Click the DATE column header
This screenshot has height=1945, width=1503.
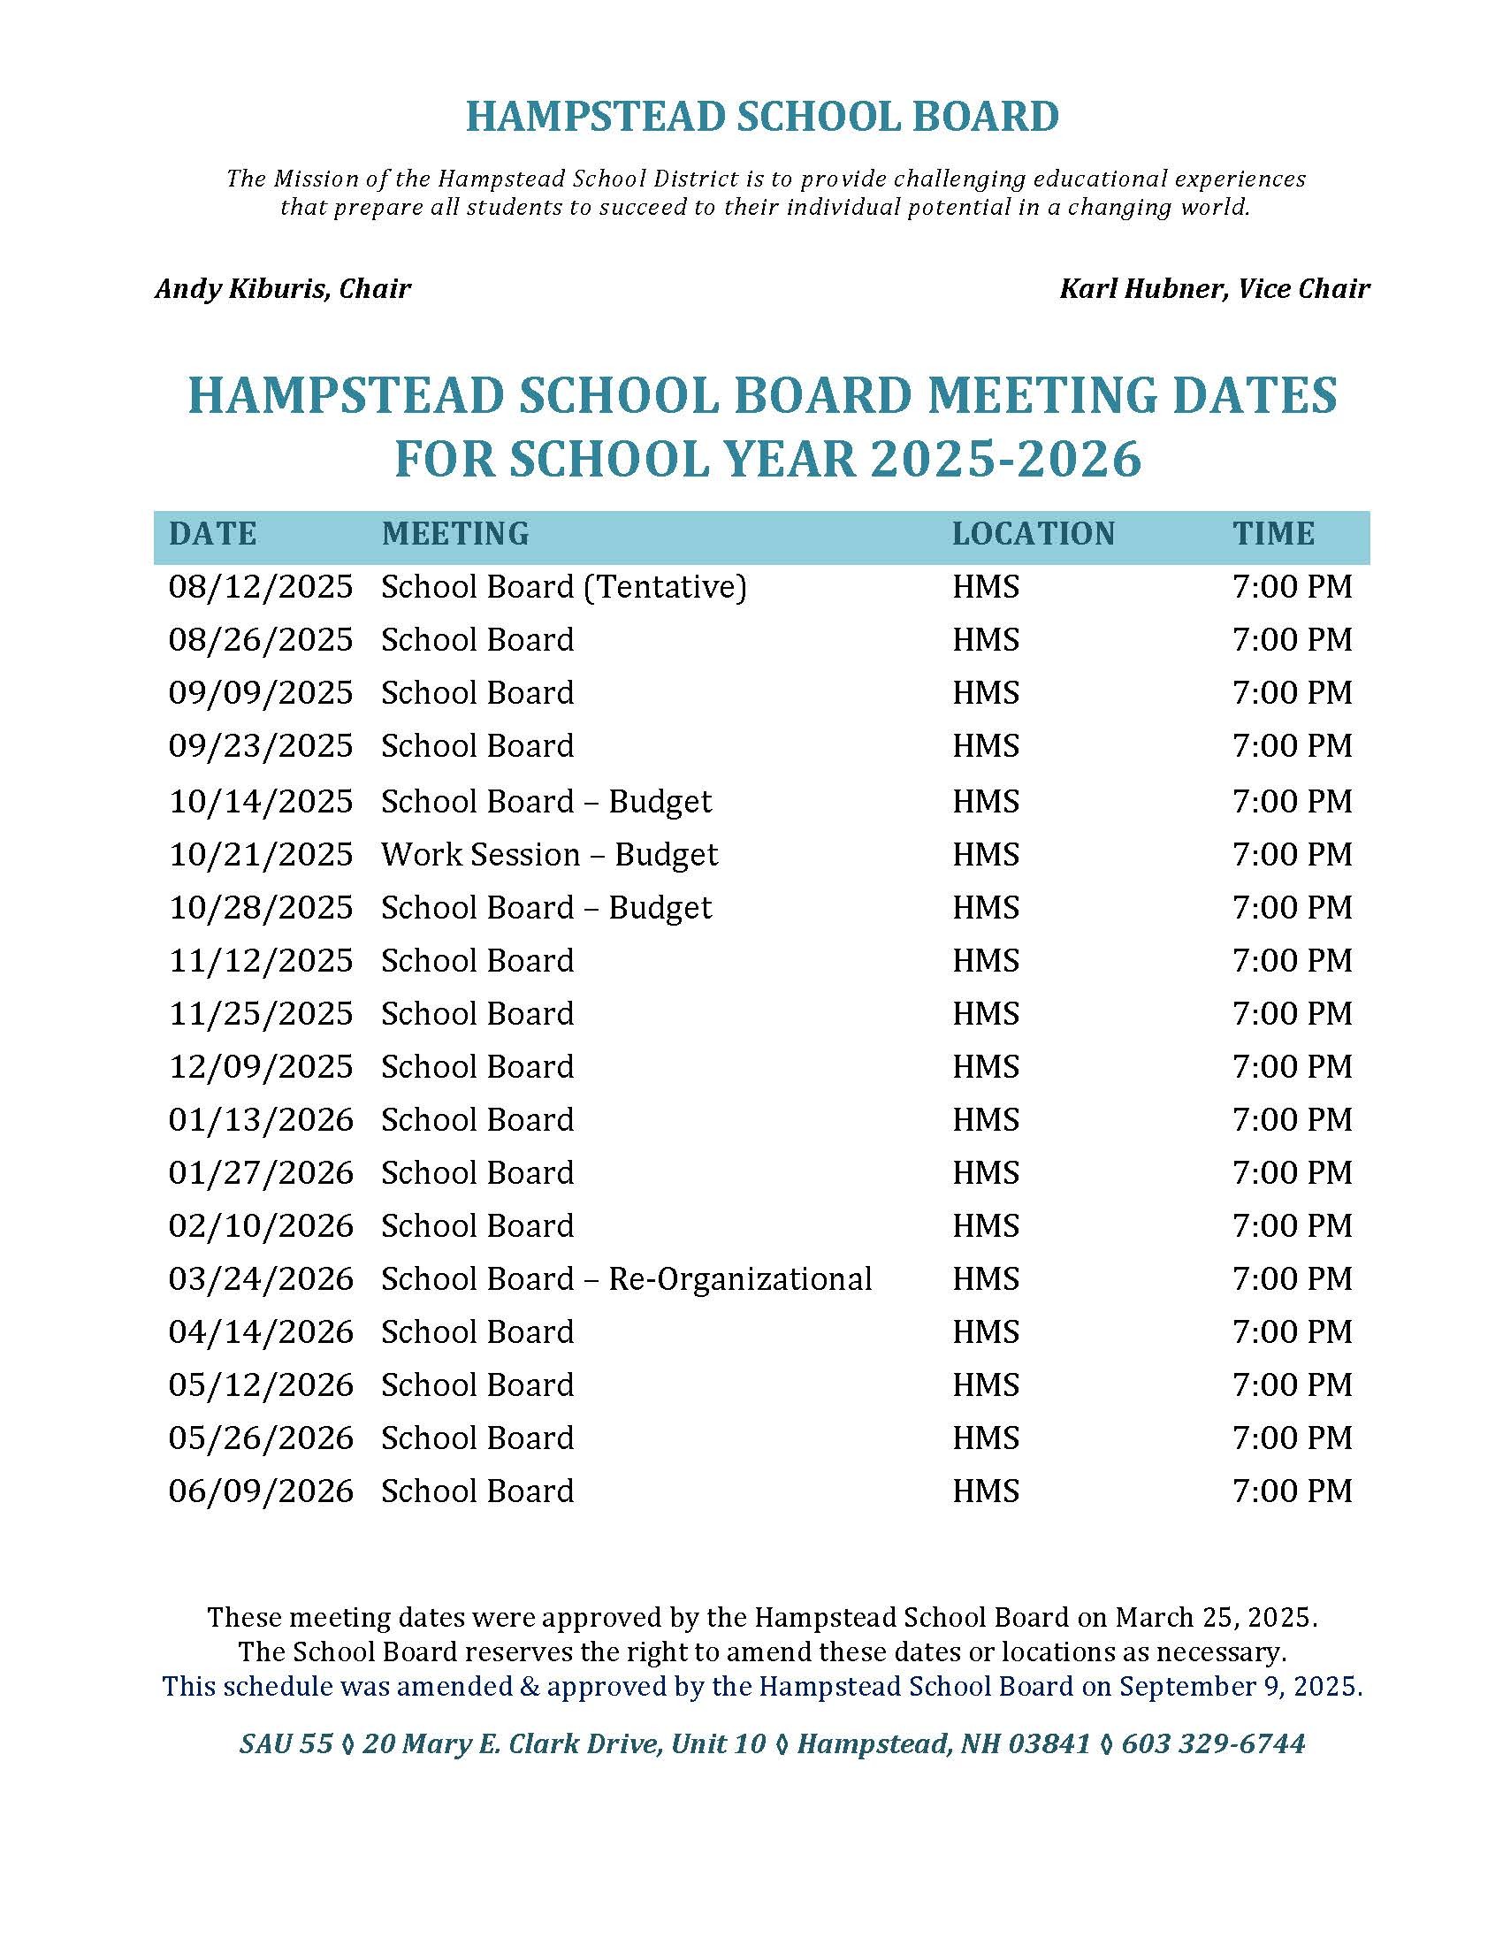(x=212, y=533)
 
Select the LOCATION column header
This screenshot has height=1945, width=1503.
(x=1033, y=533)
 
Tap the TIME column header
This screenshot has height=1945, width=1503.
(x=1273, y=533)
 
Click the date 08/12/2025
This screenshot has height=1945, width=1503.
(x=260, y=587)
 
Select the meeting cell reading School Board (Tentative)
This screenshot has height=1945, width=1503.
(x=564, y=587)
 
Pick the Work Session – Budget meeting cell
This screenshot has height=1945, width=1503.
(x=549, y=855)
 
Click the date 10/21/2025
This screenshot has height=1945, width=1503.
(x=260, y=855)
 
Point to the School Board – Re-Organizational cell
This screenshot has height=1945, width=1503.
(x=626, y=1279)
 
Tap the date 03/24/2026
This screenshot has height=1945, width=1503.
(x=260, y=1279)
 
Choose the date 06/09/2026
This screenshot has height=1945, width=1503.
(x=260, y=1491)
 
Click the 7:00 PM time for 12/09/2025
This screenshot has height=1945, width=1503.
(x=1292, y=1067)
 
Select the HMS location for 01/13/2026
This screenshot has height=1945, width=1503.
(x=986, y=1119)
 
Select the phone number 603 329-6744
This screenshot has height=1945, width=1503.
(x=1213, y=1743)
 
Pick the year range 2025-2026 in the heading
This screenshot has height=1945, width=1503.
(x=1005, y=460)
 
